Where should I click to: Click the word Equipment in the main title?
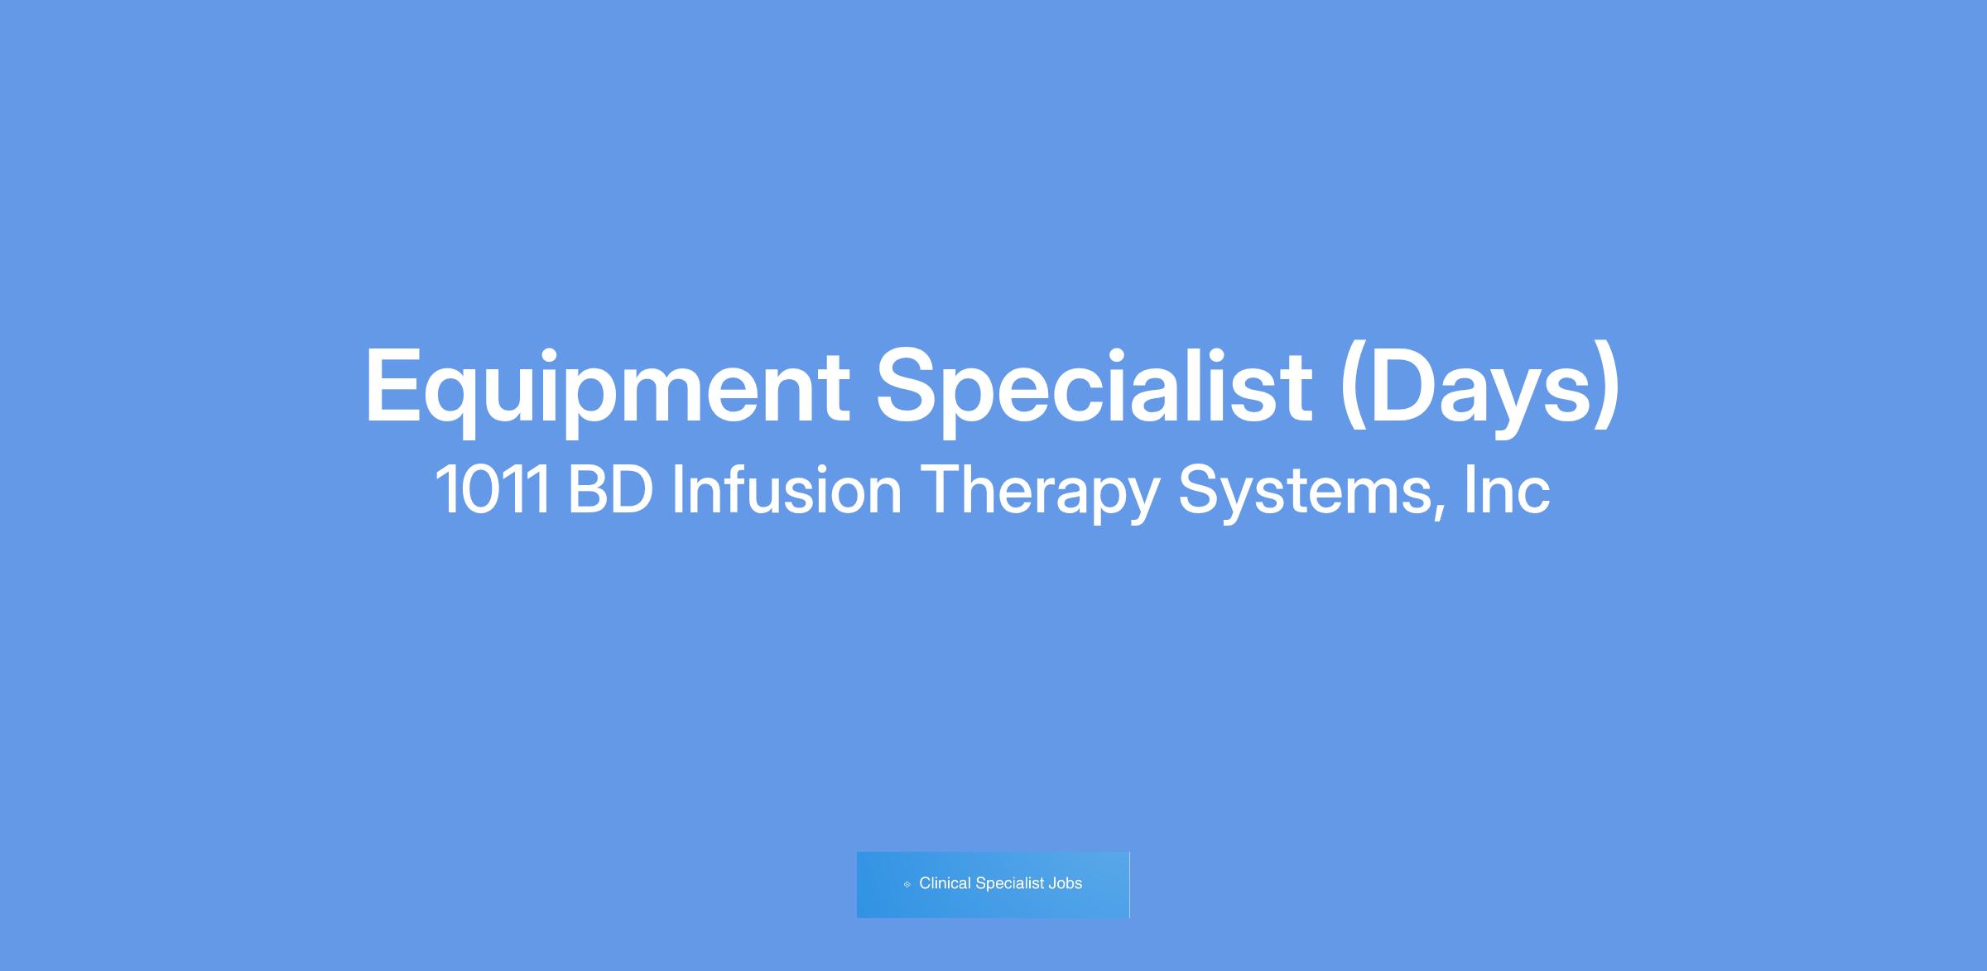click(608, 387)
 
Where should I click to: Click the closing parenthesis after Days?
click(1608, 387)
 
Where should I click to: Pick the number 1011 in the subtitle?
click(493, 490)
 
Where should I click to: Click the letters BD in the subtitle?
click(611, 490)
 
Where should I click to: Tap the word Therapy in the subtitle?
click(1039, 493)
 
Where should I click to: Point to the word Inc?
click(1507, 490)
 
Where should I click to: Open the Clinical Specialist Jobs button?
click(993, 884)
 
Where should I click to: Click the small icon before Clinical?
click(907, 884)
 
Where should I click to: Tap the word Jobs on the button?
click(1066, 883)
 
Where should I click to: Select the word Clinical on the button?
click(945, 883)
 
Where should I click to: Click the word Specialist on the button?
click(1010, 884)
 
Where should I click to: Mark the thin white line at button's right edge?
click(1129, 884)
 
